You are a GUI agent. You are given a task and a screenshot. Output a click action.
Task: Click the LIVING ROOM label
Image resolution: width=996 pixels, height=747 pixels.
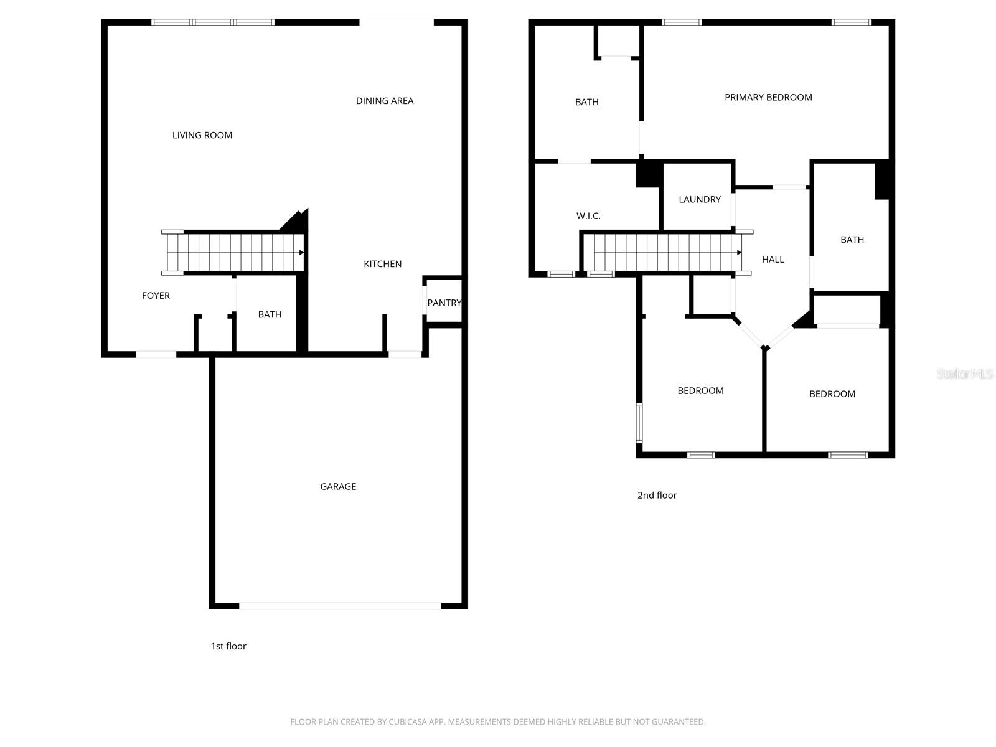coord(202,135)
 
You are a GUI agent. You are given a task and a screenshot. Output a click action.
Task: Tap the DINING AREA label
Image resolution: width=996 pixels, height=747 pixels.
coord(385,101)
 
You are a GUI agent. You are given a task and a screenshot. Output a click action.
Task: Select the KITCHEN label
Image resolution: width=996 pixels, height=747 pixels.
coord(382,264)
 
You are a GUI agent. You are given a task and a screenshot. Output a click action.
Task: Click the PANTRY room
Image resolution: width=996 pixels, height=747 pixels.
coord(444,303)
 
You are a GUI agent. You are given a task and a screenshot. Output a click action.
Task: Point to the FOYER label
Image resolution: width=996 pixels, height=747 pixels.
coord(156,296)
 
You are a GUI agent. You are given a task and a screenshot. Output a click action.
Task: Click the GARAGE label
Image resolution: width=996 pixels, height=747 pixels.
coord(338,487)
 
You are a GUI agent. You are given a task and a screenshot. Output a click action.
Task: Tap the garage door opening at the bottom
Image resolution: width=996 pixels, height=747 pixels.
coord(340,605)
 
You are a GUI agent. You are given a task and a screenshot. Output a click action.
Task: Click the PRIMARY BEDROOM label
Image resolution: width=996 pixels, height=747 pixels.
coord(768,97)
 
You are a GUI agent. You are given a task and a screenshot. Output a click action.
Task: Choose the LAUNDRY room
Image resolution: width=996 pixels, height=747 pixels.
coord(700,199)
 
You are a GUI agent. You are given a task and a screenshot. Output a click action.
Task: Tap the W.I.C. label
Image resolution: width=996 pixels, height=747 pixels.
coord(588,216)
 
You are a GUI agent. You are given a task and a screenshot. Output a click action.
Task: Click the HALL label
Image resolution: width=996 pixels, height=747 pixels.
coord(773,260)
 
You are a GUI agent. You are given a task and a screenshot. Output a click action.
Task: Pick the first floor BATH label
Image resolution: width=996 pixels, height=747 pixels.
coord(270,314)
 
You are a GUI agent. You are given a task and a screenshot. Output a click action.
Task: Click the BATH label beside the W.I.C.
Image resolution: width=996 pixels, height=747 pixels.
coord(586,102)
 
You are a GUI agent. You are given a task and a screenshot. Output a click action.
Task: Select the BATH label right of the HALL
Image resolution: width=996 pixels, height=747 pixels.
coord(852,240)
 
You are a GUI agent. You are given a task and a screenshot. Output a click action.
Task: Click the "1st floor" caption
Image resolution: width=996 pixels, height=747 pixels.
coord(228,646)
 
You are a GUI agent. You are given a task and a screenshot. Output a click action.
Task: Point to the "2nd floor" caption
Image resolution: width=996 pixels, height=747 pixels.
coord(657,496)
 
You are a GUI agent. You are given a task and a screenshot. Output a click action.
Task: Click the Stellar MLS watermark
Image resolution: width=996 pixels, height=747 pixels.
coord(964,374)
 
